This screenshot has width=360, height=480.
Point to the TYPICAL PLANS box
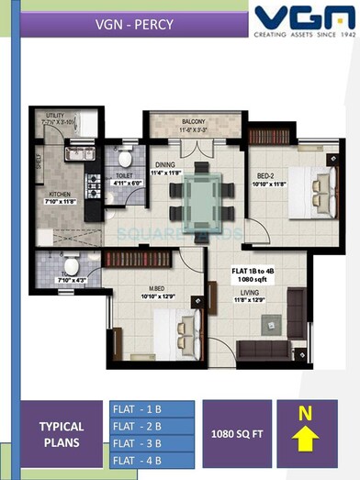62,434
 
